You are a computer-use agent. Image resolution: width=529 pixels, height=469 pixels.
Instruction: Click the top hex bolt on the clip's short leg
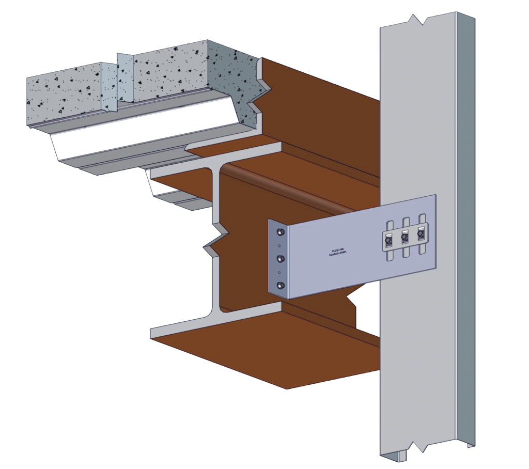tap(280, 231)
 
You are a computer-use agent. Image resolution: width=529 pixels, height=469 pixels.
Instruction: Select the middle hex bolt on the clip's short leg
tap(280, 258)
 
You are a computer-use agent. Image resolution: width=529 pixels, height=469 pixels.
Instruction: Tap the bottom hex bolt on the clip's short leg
tap(280, 286)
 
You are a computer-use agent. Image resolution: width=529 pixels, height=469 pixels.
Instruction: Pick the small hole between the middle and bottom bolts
tap(280, 272)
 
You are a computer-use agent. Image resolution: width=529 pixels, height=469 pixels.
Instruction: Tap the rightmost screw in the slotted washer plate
tap(421, 236)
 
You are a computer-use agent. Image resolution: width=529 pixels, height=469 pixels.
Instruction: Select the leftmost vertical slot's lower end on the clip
tap(391, 257)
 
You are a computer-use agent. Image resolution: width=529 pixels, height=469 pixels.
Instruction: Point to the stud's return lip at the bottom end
tap(468, 444)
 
